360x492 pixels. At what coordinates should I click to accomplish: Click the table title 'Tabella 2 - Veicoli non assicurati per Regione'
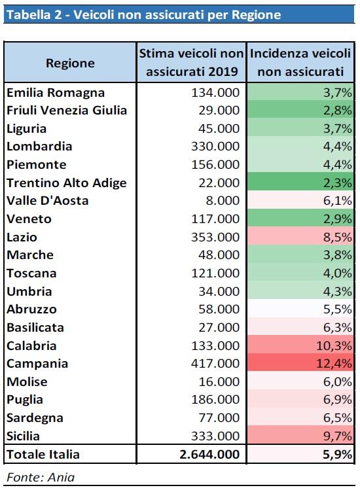point(144,15)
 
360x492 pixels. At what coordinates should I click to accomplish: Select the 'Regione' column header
point(70,63)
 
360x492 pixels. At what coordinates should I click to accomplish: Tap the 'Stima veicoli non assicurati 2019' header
point(192,62)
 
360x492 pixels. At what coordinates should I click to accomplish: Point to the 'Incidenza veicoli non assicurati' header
point(300,62)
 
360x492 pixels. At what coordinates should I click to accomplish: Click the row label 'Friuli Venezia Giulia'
point(67,111)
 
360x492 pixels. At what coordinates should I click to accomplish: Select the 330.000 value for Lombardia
point(215,146)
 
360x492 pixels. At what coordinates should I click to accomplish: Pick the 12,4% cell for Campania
point(334,363)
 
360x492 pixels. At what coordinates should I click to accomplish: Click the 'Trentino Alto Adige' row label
point(67,183)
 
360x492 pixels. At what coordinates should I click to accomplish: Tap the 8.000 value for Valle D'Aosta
point(223,200)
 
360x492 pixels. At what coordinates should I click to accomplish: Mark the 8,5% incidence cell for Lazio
point(337,237)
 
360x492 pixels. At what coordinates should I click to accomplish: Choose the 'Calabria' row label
point(31,346)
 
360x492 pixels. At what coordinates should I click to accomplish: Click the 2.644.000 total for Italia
point(209,454)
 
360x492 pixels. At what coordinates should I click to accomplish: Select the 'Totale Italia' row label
point(43,454)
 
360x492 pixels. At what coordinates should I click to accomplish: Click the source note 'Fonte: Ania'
point(41,477)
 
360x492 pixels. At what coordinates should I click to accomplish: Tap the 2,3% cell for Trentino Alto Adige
point(337,183)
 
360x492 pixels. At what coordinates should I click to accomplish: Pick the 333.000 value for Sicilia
point(215,436)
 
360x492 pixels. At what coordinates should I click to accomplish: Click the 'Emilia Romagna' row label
point(56,92)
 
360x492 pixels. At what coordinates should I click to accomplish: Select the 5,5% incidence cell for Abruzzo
point(337,309)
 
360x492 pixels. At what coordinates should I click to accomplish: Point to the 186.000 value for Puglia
point(215,400)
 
